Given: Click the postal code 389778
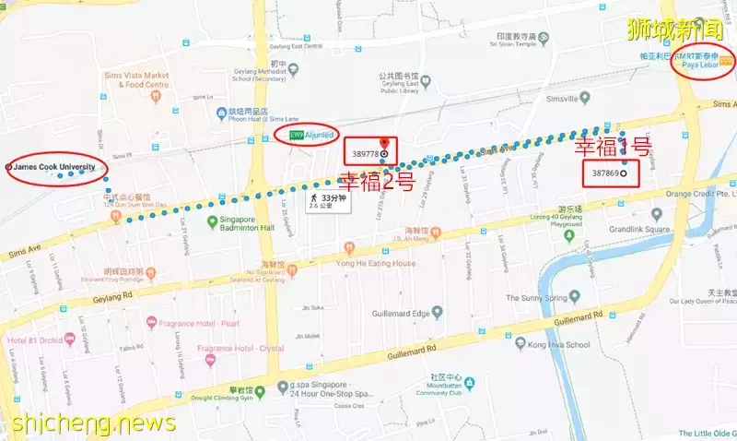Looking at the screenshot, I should point(365,152).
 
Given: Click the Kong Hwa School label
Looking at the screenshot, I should point(559,344).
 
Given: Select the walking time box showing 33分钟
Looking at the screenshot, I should point(328,201).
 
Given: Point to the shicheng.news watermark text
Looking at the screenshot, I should point(92,423).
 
